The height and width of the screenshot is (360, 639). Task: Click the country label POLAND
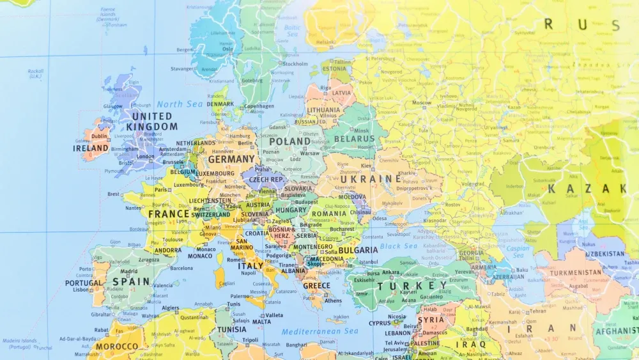(x=289, y=141)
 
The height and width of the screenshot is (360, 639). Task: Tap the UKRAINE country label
(x=362, y=180)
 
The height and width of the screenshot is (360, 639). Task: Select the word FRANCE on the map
(x=169, y=214)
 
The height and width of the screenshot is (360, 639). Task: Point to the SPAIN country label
(x=131, y=281)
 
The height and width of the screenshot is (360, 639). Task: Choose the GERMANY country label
(x=231, y=159)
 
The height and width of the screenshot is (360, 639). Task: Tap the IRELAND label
(x=91, y=148)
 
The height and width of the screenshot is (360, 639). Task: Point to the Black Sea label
(x=399, y=246)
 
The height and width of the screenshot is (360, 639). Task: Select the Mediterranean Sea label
(x=320, y=331)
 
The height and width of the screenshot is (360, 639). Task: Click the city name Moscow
(x=422, y=102)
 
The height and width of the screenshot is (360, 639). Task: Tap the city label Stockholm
(x=295, y=64)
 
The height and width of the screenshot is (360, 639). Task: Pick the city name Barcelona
(x=181, y=268)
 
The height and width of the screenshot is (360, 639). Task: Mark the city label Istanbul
(x=369, y=262)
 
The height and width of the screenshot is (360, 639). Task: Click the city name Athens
(x=333, y=301)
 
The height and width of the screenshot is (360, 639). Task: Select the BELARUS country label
(x=354, y=139)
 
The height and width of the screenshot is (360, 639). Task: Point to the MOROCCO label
(x=116, y=347)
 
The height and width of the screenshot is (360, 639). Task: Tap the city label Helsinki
(x=326, y=43)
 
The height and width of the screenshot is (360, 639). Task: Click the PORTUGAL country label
(x=84, y=283)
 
